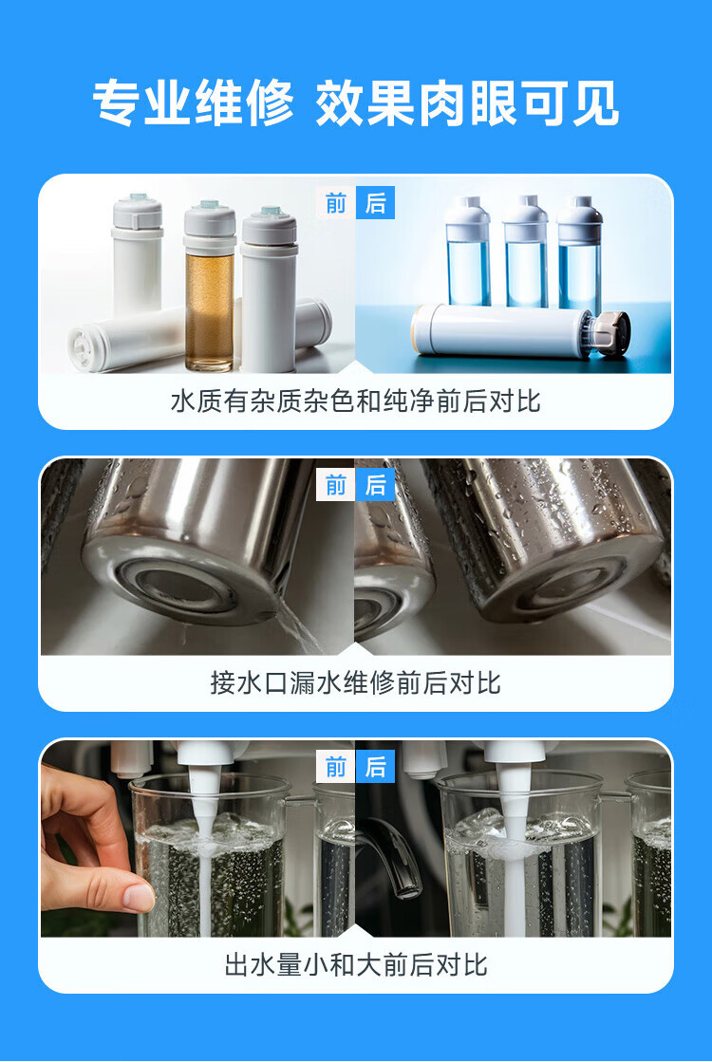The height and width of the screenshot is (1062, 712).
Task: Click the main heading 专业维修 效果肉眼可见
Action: coord(356,102)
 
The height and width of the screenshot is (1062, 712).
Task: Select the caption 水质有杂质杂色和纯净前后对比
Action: coord(356,401)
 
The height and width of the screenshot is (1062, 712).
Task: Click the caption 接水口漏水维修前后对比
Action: coord(356,682)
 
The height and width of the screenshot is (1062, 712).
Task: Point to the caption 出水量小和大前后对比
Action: coord(356,964)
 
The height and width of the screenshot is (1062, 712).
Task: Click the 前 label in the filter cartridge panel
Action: coord(335,203)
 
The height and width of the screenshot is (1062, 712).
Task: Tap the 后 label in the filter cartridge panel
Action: coord(375,203)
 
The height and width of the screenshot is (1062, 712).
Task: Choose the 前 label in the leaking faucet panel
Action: coord(335,485)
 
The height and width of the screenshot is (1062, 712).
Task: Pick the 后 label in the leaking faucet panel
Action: coord(375,485)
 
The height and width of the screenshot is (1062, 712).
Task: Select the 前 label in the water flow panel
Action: coord(335,768)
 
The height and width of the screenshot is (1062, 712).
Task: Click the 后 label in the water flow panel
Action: coord(375,768)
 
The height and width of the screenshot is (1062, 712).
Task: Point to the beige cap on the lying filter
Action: coord(609,332)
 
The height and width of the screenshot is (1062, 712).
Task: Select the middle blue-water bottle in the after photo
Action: coord(525,252)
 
